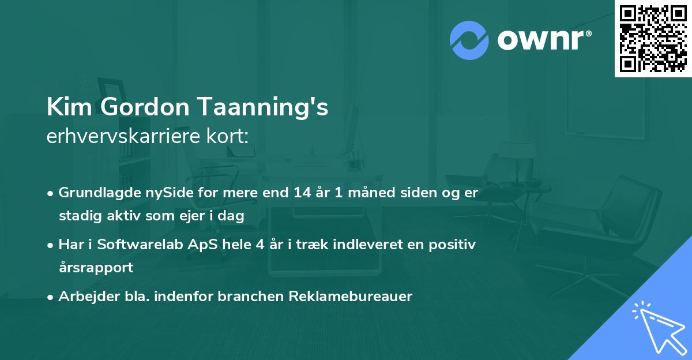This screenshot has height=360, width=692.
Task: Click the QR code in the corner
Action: click(x=653, y=39)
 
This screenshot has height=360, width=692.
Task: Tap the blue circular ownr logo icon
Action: click(x=469, y=40)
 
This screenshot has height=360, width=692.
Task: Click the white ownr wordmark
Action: click(x=544, y=40)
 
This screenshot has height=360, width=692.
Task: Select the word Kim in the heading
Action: click(x=69, y=107)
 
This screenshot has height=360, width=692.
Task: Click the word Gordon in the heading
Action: click(x=145, y=107)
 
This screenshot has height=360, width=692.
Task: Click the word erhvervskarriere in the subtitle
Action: click(x=123, y=136)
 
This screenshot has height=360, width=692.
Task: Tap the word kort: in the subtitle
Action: click(x=228, y=136)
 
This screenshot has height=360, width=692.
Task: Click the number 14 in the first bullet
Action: click(x=302, y=193)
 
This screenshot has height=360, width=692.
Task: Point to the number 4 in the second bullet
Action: click(x=260, y=245)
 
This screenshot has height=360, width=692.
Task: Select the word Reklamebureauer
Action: click(x=351, y=296)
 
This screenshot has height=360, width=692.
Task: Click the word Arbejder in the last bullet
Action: click(x=89, y=297)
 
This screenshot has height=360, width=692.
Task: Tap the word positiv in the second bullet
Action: click(x=452, y=245)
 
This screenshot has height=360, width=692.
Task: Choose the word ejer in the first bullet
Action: click(x=191, y=216)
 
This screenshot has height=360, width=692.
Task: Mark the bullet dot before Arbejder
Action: click(x=50, y=297)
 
